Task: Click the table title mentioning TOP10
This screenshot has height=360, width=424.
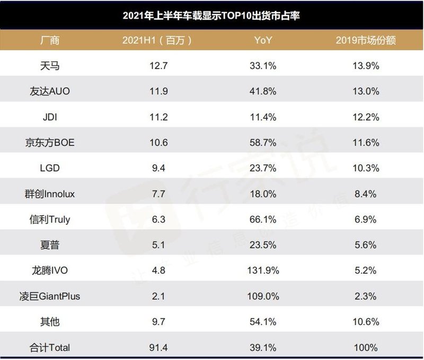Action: [x=211, y=15]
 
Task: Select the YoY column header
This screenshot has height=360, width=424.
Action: [x=263, y=40]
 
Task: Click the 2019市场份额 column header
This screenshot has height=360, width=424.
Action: [x=366, y=40]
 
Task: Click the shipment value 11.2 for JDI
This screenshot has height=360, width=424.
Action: [x=158, y=117]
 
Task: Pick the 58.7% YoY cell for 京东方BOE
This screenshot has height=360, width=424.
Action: [x=263, y=143]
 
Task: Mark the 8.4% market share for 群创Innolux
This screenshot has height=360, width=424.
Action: [x=366, y=194]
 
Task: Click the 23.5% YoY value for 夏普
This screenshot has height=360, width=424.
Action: [x=263, y=245]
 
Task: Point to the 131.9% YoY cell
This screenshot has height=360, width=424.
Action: [x=263, y=270]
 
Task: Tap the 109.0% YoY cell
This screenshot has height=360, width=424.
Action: [x=263, y=296]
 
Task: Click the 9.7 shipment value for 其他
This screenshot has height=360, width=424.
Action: [x=158, y=322]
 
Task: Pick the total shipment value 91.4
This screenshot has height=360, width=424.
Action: [x=158, y=348]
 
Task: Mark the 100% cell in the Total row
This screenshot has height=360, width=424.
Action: [x=366, y=348]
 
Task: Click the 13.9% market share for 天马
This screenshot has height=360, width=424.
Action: [x=366, y=66]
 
